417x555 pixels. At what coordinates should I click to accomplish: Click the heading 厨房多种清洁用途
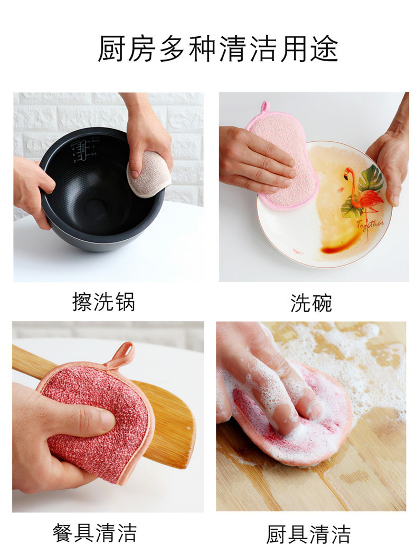coord(217,50)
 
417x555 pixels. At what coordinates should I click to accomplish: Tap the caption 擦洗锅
coord(103,301)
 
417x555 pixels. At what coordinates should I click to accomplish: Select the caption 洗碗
coord(311,303)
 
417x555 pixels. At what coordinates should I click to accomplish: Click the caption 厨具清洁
coord(308,534)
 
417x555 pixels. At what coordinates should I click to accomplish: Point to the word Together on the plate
coord(369,226)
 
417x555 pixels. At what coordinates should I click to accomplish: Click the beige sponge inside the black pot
coord(149,173)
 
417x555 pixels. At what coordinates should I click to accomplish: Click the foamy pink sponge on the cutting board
coord(306,422)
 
